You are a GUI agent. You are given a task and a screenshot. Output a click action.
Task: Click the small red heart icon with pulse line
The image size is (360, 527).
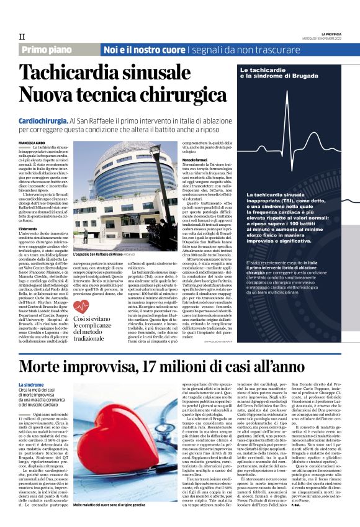coord(81,307)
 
